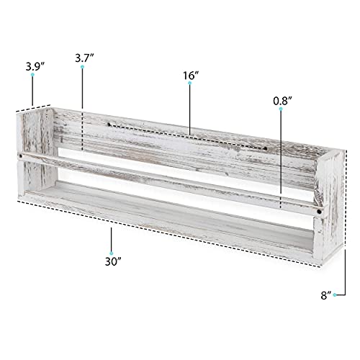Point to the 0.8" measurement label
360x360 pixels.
283,102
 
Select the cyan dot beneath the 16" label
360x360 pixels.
190,84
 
